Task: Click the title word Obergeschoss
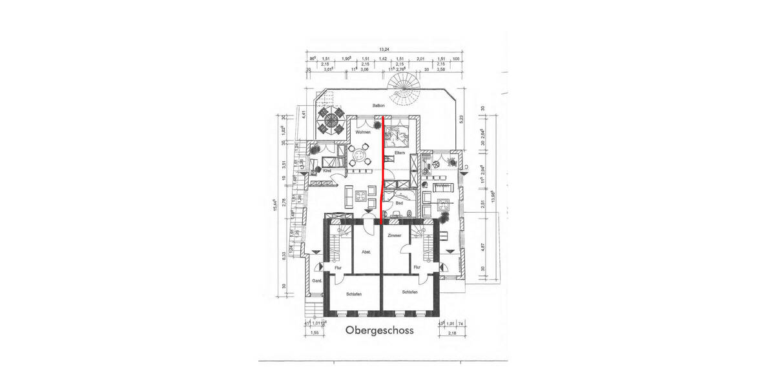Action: point(379,331)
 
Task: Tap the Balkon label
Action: point(378,105)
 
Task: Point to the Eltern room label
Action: point(399,153)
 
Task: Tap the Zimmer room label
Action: point(394,236)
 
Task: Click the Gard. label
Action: point(317,282)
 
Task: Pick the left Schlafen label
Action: point(353,293)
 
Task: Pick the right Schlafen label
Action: point(409,292)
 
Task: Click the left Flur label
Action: point(337,266)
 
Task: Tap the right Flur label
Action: point(417,266)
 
